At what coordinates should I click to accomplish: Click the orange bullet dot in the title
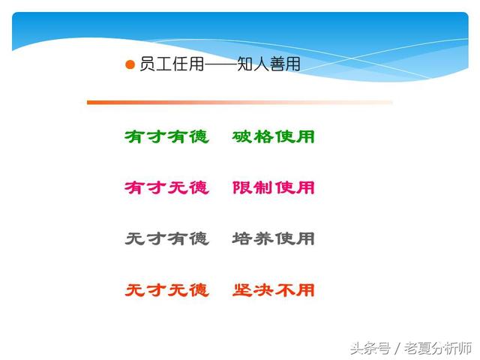[130, 65]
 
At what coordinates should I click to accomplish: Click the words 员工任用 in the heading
[172, 64]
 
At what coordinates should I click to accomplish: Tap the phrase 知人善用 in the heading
[268, 64]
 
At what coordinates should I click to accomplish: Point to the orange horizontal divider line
[240, 102]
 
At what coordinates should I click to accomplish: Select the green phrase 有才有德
[166, 136]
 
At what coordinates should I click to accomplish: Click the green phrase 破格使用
[273, 136]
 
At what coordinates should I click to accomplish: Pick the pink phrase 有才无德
[166, 187]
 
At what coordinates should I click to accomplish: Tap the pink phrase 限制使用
[273, 187]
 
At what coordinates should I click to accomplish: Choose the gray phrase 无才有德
[166, 238]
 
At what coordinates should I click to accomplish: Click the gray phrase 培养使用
[273, 238]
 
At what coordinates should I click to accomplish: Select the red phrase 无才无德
[166, 290]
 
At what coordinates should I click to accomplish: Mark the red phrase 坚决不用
[273, 290]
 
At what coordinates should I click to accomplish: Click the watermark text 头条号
[370, 348]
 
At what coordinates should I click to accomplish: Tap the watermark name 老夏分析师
[438, 348]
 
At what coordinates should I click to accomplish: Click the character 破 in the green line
[241, 136]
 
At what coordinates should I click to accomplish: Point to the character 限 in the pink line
[241, 187]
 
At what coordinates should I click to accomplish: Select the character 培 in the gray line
[241, 238]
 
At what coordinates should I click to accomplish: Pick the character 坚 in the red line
[241, 290]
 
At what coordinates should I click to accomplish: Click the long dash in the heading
[220, 64]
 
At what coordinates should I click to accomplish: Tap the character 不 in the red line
[284, 290]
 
